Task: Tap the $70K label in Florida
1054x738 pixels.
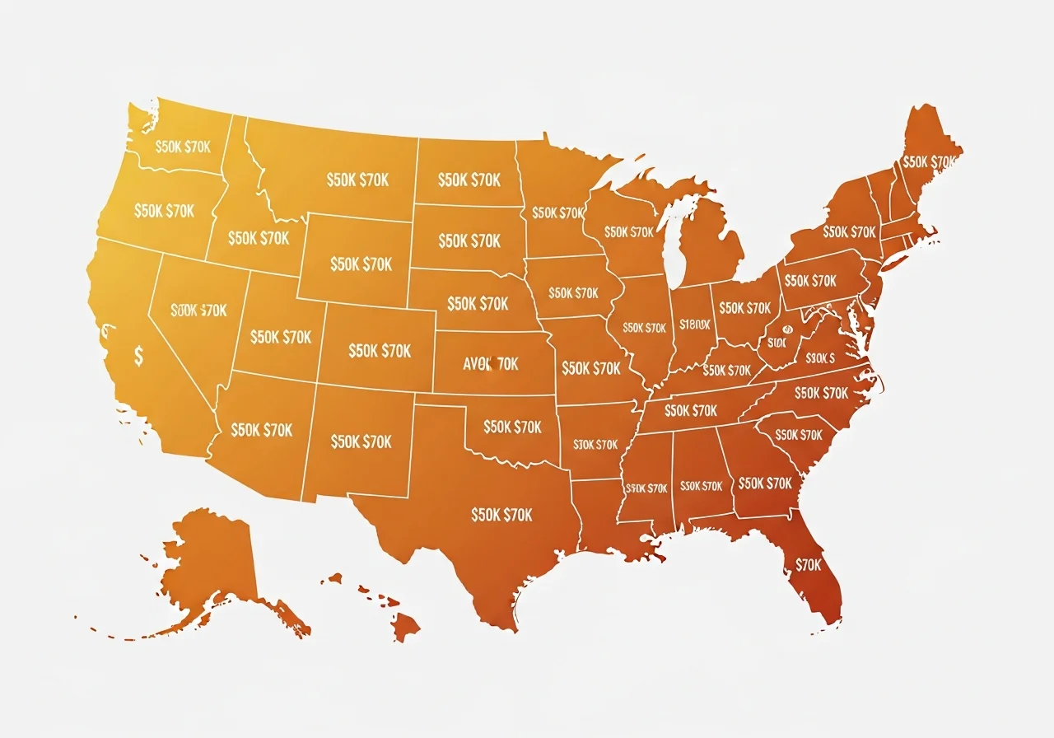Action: pyautogui.click(x=809, y=565)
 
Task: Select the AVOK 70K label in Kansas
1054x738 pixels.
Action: pyautogui.click(x=491, y=363)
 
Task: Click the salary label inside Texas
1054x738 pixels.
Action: pyautogui.click(x=501, y=515)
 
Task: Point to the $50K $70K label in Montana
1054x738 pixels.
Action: pyautogui.click(x=357, y=180)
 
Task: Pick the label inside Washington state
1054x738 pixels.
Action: pyautogui.click(x=182, y=147)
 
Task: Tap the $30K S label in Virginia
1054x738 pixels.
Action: pyautogui.click(x=820, y=358)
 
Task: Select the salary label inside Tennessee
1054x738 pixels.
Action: pyautogui.click(x=691, y=410)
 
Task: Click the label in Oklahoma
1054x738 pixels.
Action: pyautogui.click(x=512, y=427)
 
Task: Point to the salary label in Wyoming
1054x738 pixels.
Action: pyautogui.click(x=361, y=264)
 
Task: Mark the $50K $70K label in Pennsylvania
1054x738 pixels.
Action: pyautogui.click(x=811, y=281)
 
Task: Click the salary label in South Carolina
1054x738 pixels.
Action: pyautogui.click(x=799, y=435)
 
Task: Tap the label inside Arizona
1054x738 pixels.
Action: pyautogui.click(x=262, y=430)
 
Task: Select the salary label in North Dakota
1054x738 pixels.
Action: pyautogui.click(x=469, y=180)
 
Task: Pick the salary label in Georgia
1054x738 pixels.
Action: pyautogui.click(x=765, y=483)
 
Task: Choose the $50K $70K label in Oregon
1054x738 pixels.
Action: pyautogui.click(x=164, y=211)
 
